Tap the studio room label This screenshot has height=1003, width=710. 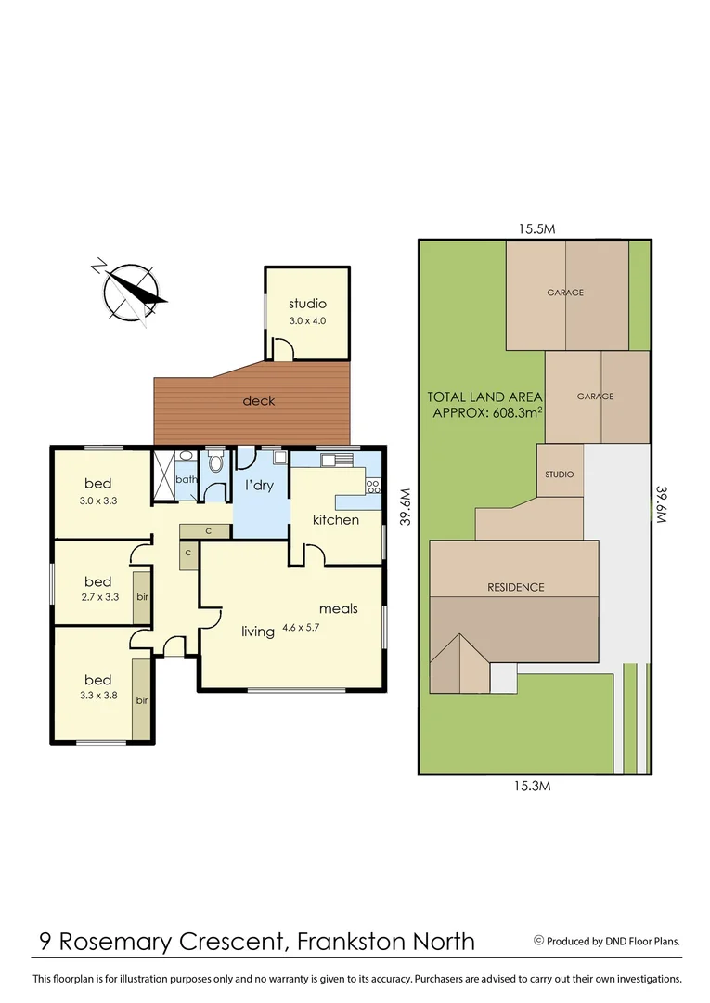(307, 304)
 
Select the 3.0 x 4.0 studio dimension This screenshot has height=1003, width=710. (307, 321)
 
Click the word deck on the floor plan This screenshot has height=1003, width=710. (259, 401)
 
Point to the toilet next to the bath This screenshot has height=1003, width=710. (216, 462)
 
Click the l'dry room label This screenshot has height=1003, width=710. (259, 485)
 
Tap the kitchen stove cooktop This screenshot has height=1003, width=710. (373, 486)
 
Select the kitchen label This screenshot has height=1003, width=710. (335, 519)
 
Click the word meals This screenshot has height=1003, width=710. (339, 609)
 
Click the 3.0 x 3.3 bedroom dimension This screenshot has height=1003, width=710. (98, 501)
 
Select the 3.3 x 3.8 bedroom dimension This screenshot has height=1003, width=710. (97, 696)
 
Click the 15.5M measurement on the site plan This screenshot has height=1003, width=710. (536, 228)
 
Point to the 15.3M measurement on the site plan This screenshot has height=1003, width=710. (534, 786)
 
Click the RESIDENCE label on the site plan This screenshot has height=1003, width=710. (516, 587)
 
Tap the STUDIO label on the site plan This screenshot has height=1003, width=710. (559, 475)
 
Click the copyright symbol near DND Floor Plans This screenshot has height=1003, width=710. (538, 940)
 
